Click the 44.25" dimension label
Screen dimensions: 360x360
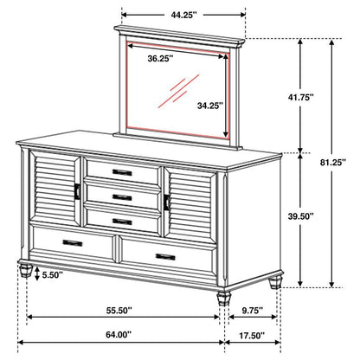183,15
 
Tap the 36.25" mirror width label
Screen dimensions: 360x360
159,60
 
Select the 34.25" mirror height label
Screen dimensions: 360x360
209,106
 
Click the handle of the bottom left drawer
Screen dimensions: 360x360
73,244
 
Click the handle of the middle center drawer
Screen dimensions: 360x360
122,198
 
